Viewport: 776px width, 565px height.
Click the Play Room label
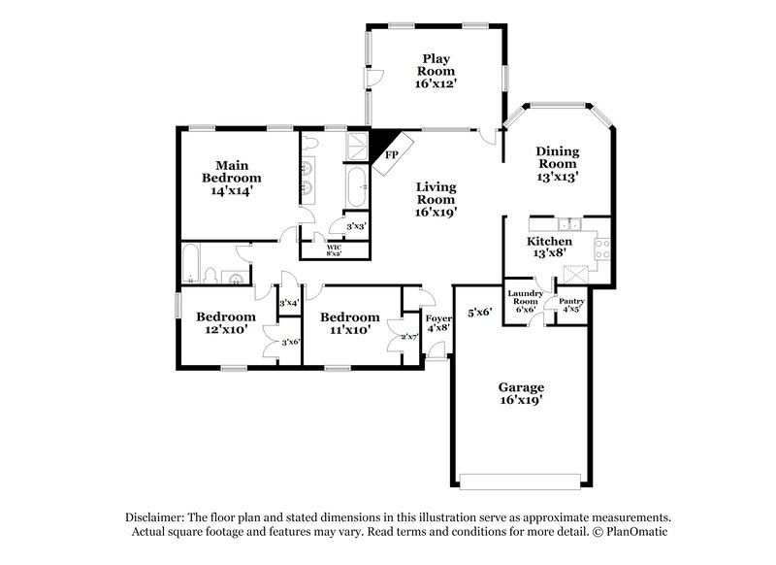click(435, 70)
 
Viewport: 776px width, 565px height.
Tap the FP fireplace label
click(392, 154)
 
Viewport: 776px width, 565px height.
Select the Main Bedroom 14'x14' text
click(231, 178)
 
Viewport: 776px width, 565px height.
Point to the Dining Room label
click(558, 164)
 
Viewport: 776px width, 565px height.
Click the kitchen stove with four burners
click(601, 247)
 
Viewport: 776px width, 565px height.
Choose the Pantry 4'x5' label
click(572, 306)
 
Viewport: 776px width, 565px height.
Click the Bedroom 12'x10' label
click(225, 323)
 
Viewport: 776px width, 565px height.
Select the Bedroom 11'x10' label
click(349, 323)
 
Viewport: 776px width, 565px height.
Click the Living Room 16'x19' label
click(436, 197)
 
